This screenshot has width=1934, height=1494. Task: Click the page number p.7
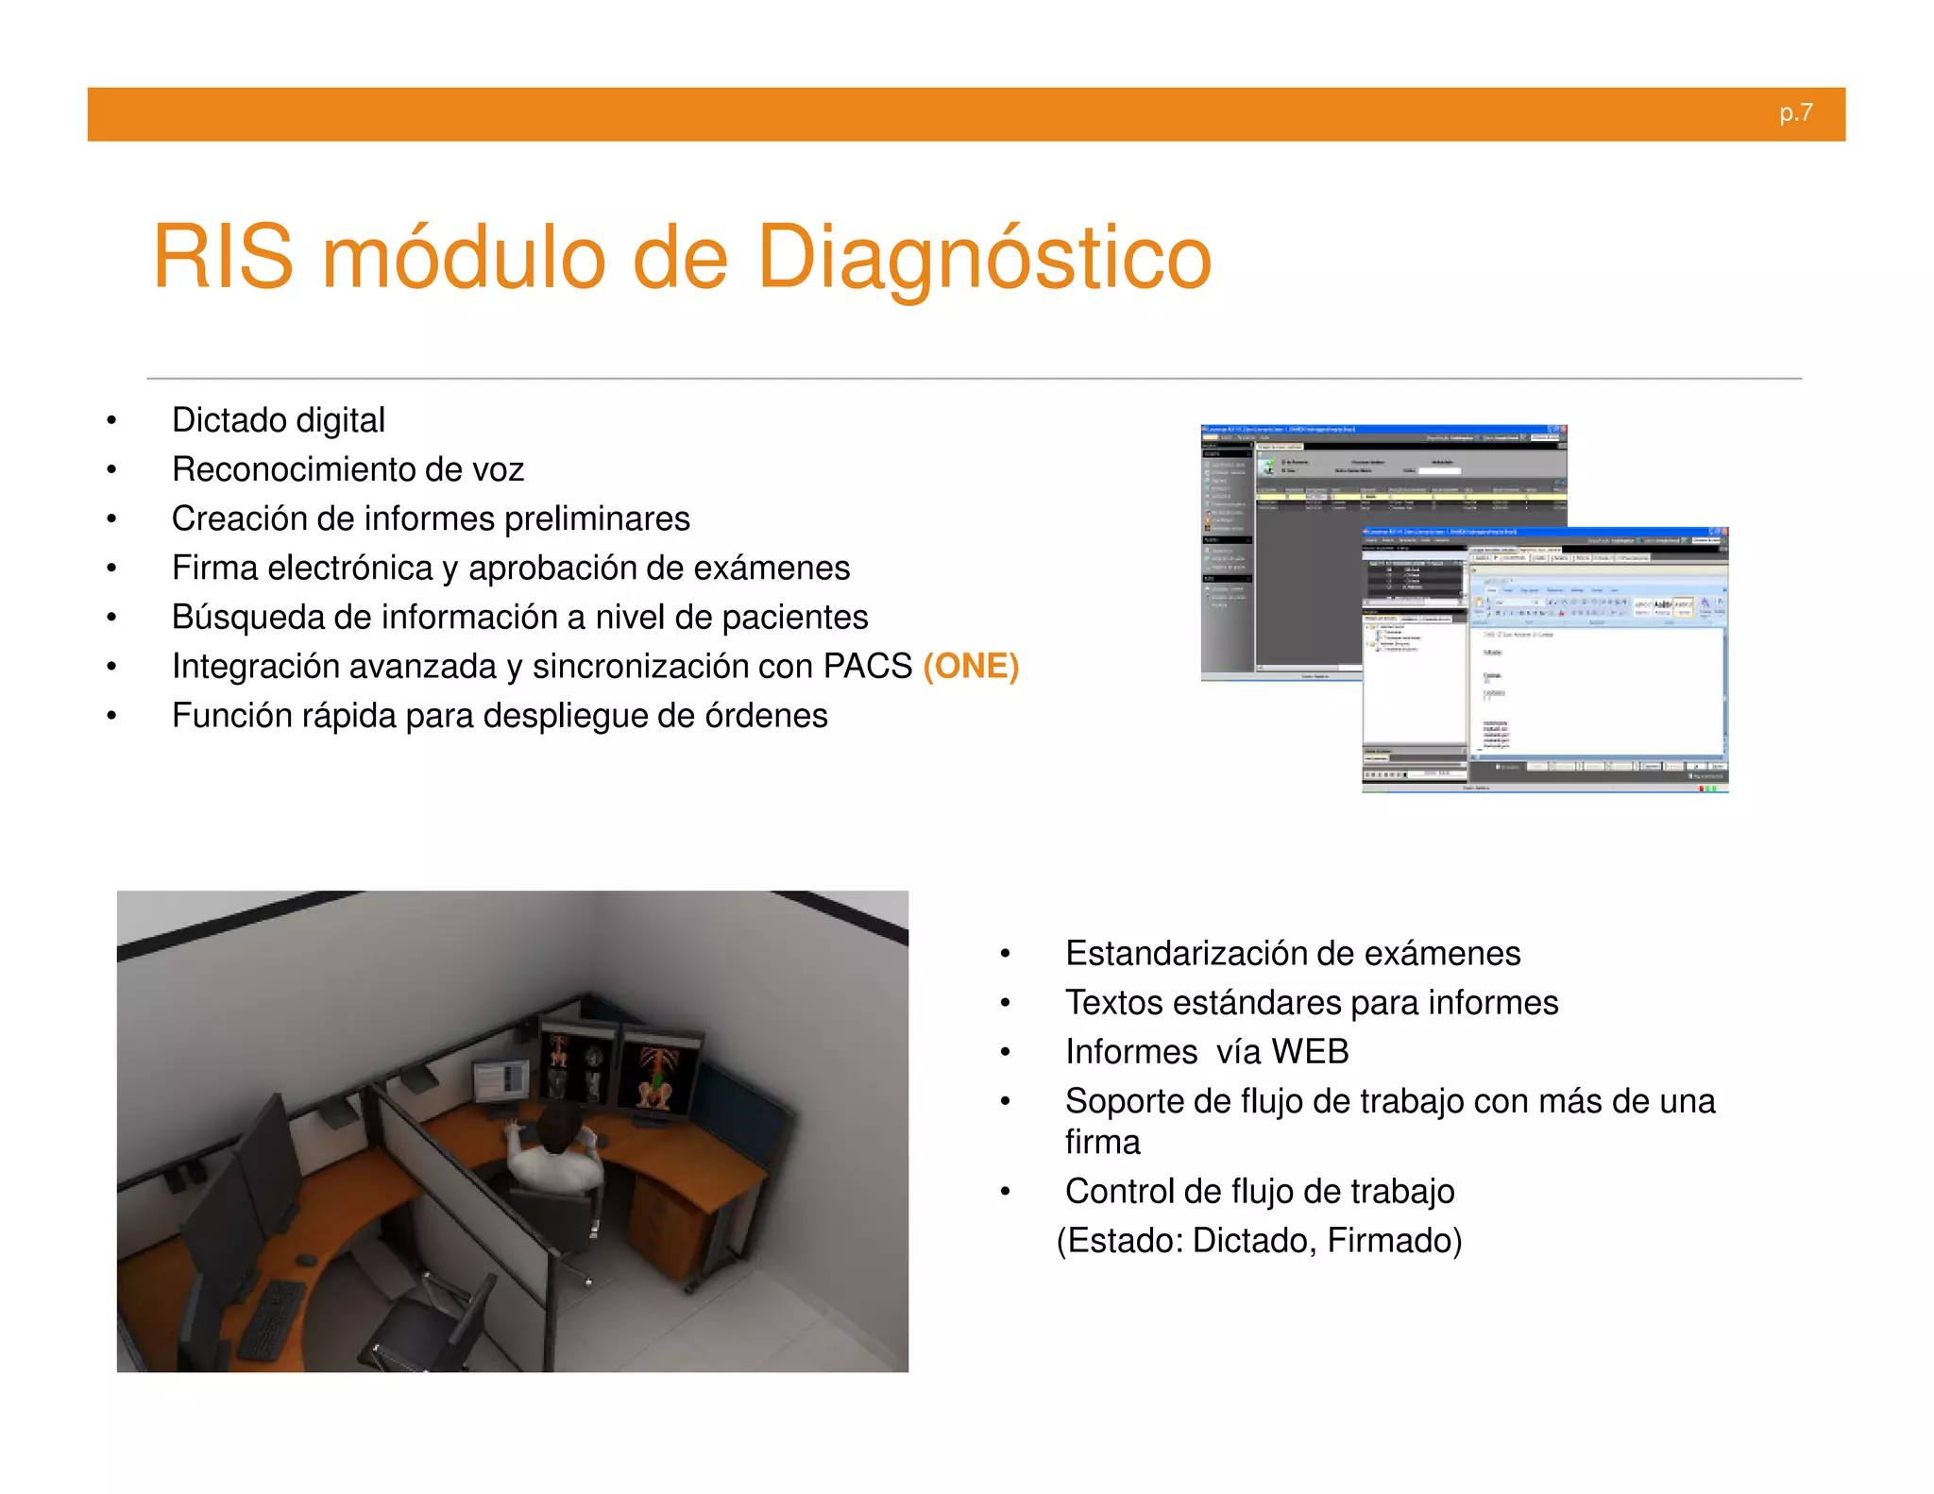click(1795, 113)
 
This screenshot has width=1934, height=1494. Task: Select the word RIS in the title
click(223, 258)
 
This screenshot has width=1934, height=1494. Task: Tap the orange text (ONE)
click(971, 666)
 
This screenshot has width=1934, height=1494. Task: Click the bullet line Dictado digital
click(278, 420)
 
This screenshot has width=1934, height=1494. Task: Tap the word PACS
click(867, 666)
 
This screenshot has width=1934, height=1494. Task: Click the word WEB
click(1309, 1052)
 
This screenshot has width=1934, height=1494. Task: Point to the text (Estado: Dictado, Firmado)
click(1259, 1240)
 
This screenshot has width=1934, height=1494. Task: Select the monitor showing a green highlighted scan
click(658, 1075)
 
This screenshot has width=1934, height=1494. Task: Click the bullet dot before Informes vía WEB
click(1006, 1052)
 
